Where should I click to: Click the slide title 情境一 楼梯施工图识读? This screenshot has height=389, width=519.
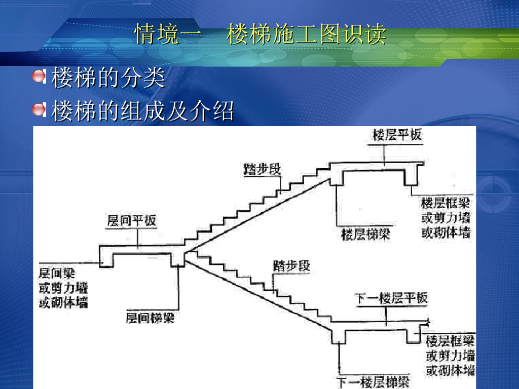point(260,34)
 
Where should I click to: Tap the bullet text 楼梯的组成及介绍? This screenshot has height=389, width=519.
point(142,111)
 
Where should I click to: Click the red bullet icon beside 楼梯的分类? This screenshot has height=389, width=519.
point(39,77)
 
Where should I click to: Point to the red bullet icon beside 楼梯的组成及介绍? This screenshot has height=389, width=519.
point(39,109)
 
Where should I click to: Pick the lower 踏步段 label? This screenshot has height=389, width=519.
point(291,265)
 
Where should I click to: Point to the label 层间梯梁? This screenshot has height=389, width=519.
point(150,318)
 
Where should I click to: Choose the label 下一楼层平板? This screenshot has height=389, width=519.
point(391,298)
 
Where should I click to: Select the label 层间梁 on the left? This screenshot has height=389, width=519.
point(57,274)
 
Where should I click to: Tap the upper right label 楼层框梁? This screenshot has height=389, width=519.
point(446,203)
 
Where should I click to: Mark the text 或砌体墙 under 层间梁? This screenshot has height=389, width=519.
point(63,303)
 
